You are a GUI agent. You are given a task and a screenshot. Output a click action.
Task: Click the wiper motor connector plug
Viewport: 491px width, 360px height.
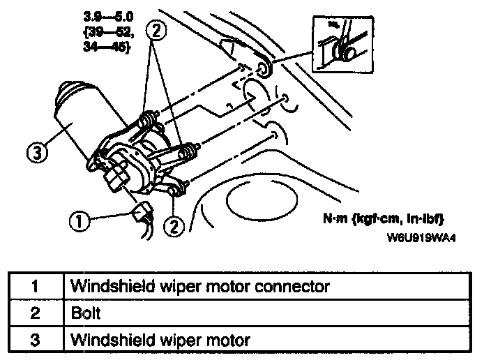click(143, 210)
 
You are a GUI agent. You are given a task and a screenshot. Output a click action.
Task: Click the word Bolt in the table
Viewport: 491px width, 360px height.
click(86, 313)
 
